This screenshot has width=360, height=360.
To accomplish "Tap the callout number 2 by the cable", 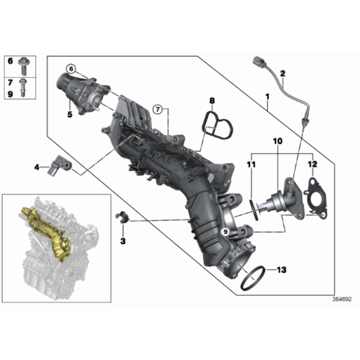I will point(282,74).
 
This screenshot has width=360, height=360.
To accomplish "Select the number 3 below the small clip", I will point(123,240).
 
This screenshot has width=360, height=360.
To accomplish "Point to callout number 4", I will point(37,166).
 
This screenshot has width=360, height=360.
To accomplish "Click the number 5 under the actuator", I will point(70,114).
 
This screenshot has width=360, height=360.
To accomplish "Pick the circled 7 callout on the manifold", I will point(158,109).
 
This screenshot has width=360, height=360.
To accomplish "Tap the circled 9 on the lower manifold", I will point(224,231).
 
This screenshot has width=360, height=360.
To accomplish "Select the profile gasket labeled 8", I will point(215,128).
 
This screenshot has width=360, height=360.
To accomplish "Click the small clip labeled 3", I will point(122,218).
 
